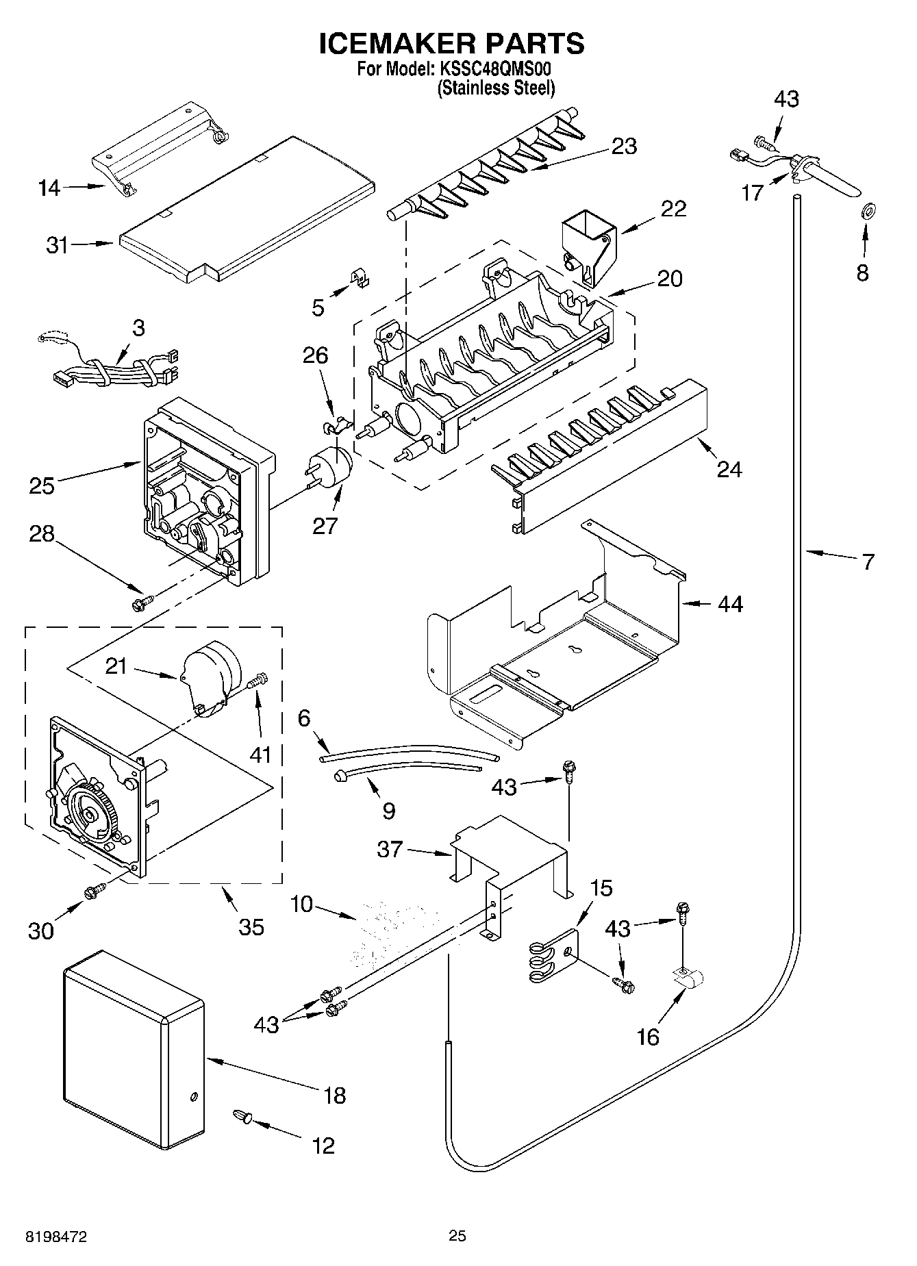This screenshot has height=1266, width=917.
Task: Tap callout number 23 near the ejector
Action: pyautogui.click(x=624, y=147)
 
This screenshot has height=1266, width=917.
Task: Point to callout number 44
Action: pyautogui.click(x=730, y=604)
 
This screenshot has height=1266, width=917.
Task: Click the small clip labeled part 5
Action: pyautogui.click(x=357, y=277)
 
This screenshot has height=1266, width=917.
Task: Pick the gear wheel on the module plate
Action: pyautogui.click(x=91, y=812)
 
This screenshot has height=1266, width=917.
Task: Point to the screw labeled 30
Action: pyautogui.click(x=93, y=891)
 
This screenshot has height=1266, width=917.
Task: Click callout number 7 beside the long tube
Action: pyautogui.click(x=868, y=562)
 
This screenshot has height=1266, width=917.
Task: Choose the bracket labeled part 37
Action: pyautogui.click(x=510, y=852)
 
